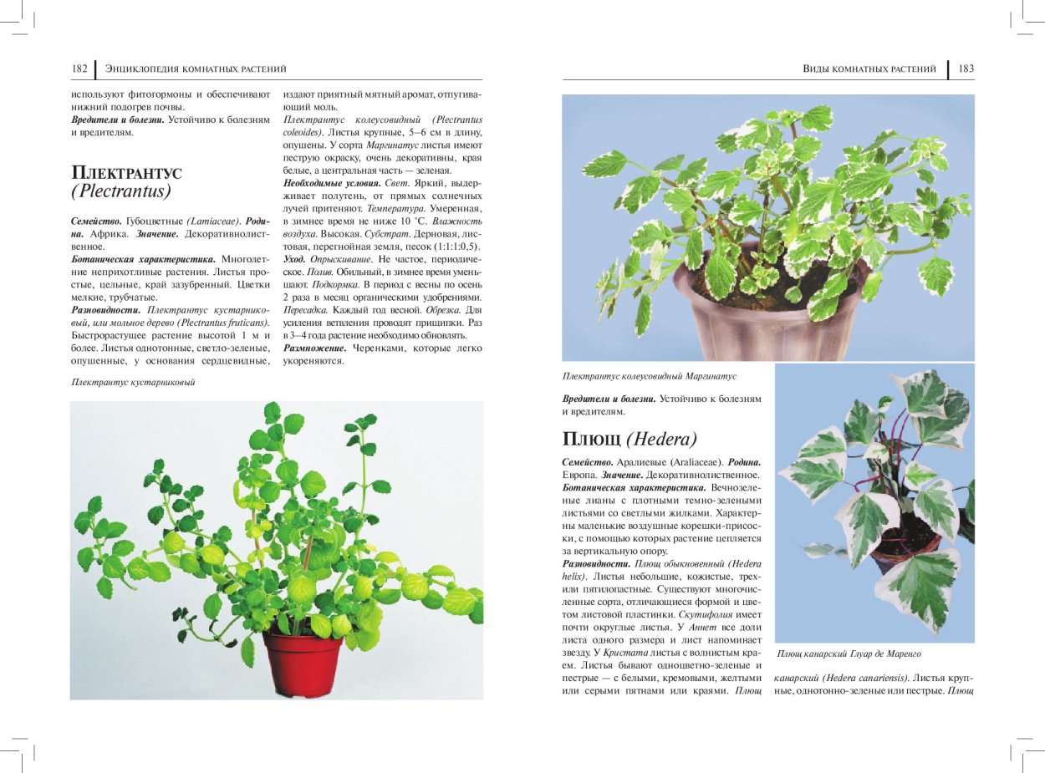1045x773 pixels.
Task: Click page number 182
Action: point(80,69)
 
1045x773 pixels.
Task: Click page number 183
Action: point(966,69)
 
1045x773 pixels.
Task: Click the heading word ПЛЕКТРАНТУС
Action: point(126,173)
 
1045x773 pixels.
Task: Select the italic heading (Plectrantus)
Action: point(121,191)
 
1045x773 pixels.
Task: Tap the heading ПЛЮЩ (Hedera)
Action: point(630,439)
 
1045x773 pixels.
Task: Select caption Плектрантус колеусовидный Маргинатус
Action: point(650,377)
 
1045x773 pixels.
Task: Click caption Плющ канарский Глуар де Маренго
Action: point(849,653)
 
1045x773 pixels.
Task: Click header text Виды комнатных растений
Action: point(869,69)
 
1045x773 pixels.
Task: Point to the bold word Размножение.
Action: point(314,348)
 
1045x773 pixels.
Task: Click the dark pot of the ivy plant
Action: point(903,551)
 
